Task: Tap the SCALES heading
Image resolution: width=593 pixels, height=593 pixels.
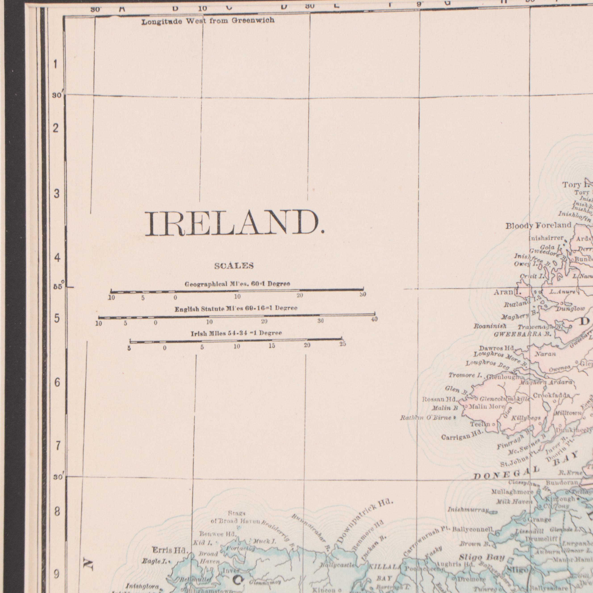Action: pyautogui.click(x=234, y=266)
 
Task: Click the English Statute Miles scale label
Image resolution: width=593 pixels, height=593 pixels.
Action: pyautogui.click(x=236, y=309)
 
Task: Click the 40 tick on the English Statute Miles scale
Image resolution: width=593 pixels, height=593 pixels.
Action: pyautogui.click(x=374, y=319)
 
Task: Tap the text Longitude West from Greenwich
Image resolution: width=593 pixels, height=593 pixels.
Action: pyautogui.click(x=208, y=21)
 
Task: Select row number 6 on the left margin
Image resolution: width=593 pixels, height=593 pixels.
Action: pyautogui.click(x=57, y=382)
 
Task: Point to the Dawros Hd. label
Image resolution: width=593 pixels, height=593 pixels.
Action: pyautogui.click(x=497, y=349)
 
